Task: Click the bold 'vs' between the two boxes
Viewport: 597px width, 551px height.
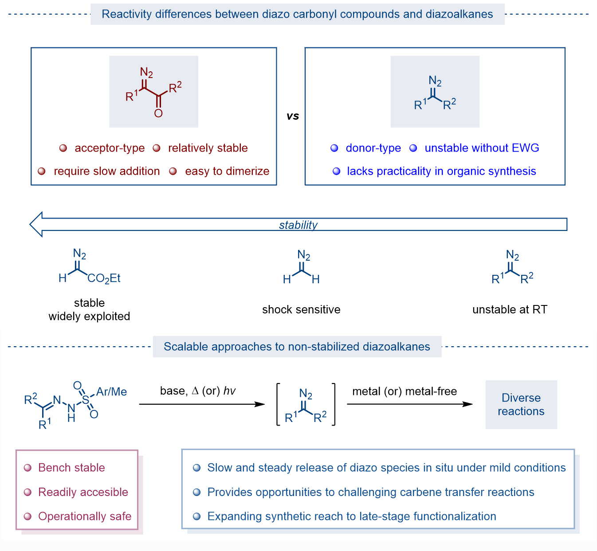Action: (293, 116)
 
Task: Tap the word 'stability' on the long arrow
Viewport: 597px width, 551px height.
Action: (298, 225)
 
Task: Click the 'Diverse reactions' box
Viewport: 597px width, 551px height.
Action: (521, 404)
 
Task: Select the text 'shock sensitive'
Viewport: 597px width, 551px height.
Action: (301, 309)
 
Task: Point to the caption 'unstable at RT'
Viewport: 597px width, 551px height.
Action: (510, 309)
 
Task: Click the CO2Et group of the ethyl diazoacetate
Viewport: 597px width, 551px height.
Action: (104, 278)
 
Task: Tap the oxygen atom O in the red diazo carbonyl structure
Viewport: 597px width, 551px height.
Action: (158, 113)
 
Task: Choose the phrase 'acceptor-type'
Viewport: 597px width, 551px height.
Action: (110, 148)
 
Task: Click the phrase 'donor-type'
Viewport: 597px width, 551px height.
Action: (373, 148)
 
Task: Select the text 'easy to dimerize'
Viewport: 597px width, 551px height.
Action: (227, 171)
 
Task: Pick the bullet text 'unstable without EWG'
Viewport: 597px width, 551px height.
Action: (482, 148)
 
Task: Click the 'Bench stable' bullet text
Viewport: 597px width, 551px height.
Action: (71, 468)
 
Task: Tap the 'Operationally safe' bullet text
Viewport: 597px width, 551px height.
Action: (85, 516)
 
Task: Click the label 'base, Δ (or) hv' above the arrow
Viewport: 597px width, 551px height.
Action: (198, 391)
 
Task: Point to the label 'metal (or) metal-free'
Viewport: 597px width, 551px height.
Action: (405, 391)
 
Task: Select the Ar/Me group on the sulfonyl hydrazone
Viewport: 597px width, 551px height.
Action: (112, 392)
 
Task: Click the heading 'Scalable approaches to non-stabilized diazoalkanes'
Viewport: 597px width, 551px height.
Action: (297, 347)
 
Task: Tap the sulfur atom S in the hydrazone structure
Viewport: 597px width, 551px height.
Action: (86, 401)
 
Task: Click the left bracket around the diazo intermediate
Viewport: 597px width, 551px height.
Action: (278, 404)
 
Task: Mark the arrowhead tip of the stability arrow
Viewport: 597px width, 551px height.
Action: (31, 224)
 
